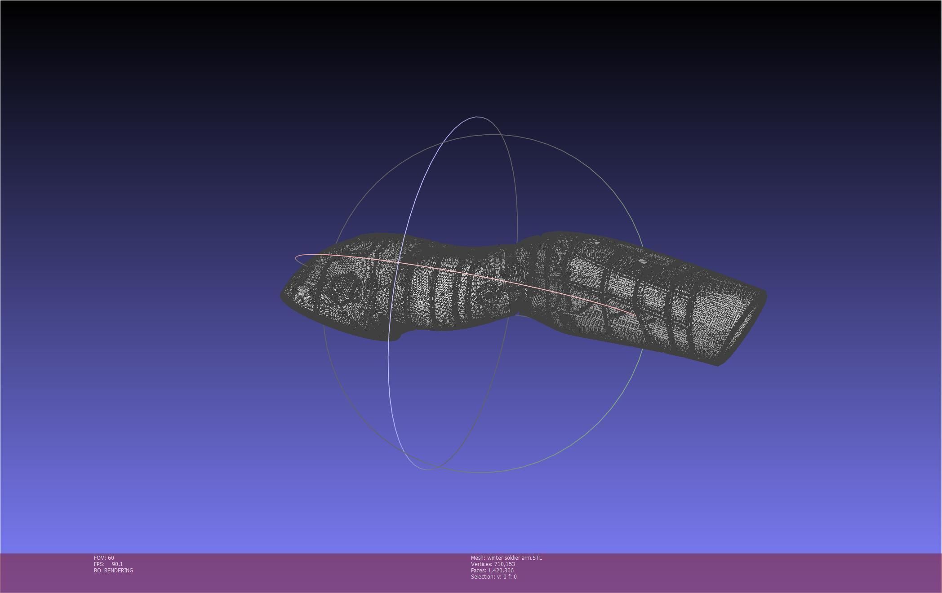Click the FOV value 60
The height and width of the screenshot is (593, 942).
pos(111,558)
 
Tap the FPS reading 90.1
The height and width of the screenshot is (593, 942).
pos(117,564)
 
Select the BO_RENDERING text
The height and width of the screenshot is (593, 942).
pos(113,571)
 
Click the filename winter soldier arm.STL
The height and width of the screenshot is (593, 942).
pos(515,558)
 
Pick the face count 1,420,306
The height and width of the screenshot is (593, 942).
pos(501,571)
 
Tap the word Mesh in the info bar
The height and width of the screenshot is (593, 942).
pos(477,558)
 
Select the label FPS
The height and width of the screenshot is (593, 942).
pos(99,564)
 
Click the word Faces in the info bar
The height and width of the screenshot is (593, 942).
pos(478,571)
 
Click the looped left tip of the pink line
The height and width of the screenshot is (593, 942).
pos(297,258)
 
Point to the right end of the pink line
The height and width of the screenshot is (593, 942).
pos(635,314)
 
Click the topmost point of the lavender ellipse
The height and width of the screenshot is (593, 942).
pos(477,117)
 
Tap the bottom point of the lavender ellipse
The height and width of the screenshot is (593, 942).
pos(426,469)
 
